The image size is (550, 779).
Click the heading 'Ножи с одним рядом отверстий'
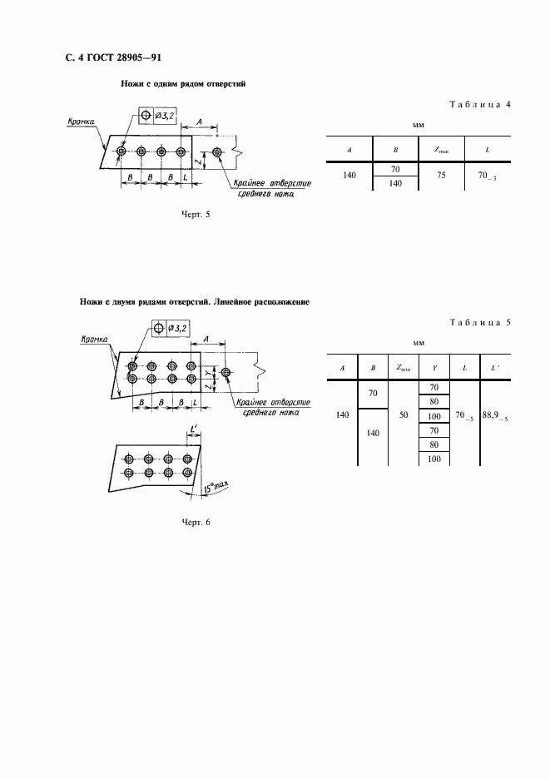tap(182, 85)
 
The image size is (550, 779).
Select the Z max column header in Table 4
tap(441, 149)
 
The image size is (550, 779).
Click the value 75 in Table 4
tap(441, 176)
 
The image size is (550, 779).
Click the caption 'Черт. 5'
tap(196, 214)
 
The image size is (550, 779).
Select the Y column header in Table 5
tap(434, 366)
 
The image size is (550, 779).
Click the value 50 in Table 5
tap(403, 414)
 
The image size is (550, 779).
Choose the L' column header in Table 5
tap(495, 366)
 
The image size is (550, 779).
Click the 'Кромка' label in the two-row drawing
tap(97, 340)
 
